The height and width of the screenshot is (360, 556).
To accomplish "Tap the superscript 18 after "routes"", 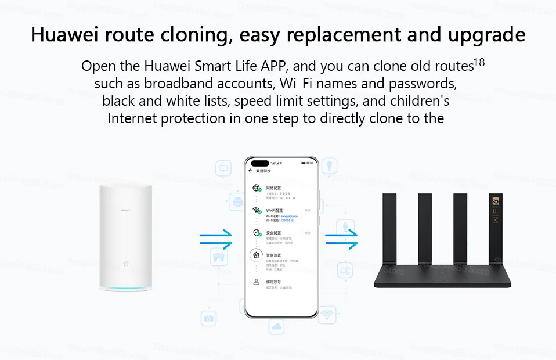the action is click(479, 62).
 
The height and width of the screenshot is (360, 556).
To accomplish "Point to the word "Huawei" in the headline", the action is click(68, 34).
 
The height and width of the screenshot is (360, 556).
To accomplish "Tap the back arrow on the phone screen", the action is click(251, 171).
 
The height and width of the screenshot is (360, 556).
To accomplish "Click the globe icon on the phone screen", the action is click(256, 188).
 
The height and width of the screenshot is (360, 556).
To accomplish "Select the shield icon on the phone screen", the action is click(256, 233).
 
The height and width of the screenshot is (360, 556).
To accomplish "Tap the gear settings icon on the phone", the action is click(256, 255).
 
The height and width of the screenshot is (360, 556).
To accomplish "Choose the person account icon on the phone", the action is click(256, 282).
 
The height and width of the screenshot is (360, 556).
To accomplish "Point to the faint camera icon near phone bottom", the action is click(208, 318).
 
